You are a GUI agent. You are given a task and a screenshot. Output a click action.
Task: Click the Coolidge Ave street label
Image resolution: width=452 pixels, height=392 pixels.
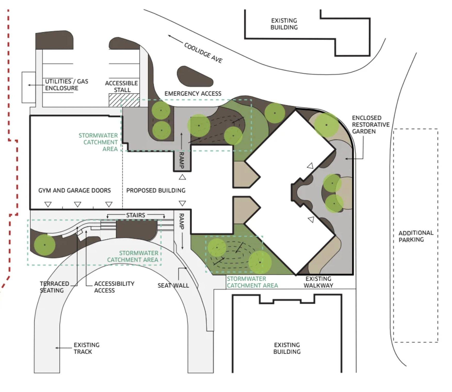(x=203, y=53)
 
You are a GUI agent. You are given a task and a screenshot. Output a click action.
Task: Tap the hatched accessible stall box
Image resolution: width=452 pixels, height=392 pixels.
(x=124, y=100)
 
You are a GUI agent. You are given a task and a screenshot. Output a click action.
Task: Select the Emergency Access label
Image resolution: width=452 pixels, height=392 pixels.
(x=193, y=93)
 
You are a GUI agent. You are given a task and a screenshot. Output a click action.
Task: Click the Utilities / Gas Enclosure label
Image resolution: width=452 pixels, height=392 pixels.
(x=67, y=85)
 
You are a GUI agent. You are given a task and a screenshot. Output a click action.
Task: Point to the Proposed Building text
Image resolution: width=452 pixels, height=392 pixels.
(x=156, y=190)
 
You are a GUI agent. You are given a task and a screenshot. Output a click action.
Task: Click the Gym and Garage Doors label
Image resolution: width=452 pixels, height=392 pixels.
(x=75, y=190)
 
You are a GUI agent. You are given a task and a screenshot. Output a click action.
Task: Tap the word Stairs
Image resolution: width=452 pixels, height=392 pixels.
(x=136, y=215)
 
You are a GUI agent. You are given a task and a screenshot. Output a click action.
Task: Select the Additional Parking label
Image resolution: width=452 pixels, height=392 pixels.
(x=416, y=236)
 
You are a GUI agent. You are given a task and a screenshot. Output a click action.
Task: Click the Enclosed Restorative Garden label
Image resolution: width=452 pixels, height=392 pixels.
(x=371, y=124)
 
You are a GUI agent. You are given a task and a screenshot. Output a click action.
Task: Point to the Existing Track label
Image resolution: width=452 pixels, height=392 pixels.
(x=86, y=348)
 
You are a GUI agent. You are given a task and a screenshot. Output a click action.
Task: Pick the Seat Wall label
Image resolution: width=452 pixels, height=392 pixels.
(x=173, y=285)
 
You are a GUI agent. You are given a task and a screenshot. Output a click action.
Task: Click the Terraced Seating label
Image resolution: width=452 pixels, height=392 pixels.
(x=54, y=287)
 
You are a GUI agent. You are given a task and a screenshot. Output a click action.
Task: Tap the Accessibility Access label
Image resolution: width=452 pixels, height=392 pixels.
(x=114, y=287)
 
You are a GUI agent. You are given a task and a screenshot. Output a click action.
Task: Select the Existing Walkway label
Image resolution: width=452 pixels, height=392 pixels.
(x=318, y=282)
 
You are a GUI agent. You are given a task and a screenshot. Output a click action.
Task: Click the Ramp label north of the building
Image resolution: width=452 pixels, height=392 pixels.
(x=182, y=160)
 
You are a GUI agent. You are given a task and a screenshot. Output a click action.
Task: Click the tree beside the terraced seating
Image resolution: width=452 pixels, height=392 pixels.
(x=45, y=245)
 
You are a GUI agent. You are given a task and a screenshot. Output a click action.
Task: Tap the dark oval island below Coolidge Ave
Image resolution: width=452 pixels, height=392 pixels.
(x=195, y=76)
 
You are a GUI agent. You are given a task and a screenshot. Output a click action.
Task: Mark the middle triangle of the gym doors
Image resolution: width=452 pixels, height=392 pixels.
(x=78, y=204)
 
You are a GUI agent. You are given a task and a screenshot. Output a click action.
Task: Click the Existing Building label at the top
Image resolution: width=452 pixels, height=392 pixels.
(x=284, y=24)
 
